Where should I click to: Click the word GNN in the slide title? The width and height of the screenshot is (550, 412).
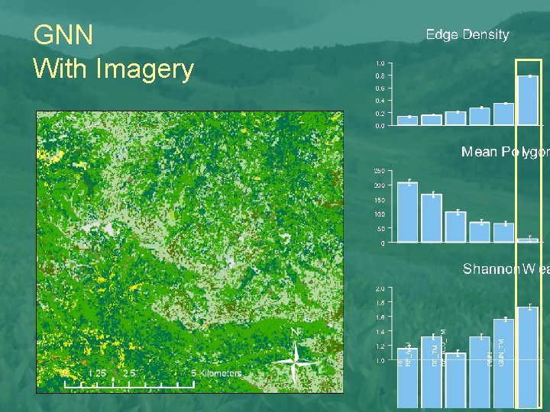[64, 35]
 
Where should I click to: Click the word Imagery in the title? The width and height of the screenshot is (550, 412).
[145, 69]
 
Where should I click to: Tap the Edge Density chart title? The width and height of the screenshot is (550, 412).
[467, 34]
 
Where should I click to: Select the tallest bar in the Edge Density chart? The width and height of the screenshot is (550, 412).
[528, 100]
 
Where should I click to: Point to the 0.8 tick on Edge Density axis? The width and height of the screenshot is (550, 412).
[380, 76]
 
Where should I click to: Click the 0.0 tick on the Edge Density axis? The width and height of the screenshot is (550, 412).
[380, 126]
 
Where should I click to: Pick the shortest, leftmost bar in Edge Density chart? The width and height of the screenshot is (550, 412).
[407, 121]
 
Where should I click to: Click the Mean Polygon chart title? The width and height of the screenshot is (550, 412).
[504, 152]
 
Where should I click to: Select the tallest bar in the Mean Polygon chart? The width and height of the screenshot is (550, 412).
[407, 212]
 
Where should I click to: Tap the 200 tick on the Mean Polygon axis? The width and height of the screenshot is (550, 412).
[379, 185]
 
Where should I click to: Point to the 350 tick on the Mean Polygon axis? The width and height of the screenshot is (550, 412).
[379, 170]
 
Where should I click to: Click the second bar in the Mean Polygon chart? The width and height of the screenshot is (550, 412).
[432, 218]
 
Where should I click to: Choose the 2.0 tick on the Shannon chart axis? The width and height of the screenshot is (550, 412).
[380, 289]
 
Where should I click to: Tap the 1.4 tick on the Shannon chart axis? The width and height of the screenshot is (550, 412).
[380, 332]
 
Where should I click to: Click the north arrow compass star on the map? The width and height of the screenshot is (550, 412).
[296, 360]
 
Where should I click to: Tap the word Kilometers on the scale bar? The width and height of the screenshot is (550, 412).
[222, 373]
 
